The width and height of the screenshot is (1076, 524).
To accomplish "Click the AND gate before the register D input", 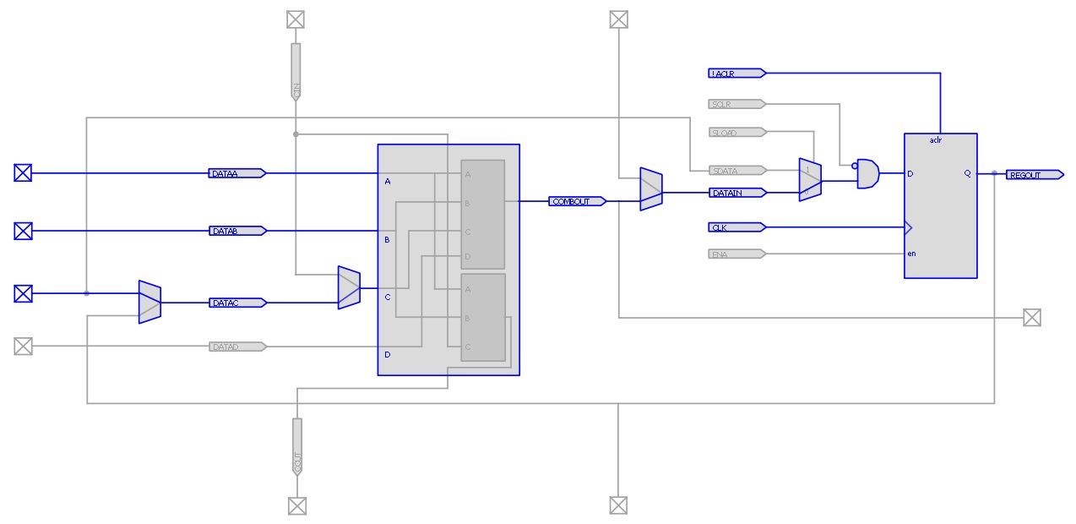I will [867, 174].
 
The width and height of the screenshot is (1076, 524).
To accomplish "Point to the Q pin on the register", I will [967, 174].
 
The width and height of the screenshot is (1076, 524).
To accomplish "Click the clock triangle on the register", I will [908, 227].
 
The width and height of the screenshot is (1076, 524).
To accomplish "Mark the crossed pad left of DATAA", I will [23, 173].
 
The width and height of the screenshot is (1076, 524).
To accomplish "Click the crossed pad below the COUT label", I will [296, 505].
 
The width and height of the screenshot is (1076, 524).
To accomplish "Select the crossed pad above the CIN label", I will [295, 19].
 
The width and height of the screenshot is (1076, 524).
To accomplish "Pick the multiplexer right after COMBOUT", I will [650, 188].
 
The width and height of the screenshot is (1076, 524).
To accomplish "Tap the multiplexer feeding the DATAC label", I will [149, 302].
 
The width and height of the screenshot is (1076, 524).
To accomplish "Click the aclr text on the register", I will [936, 140].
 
